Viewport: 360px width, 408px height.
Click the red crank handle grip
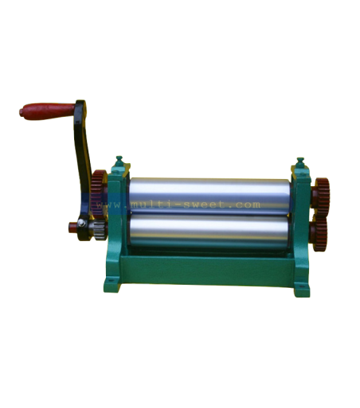(x=47, y=111)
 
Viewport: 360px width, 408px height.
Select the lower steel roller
(x=209, y=230)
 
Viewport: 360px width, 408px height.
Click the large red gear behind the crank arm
(x=98, y=194)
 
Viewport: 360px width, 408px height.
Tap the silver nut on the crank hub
(x=82, y=223)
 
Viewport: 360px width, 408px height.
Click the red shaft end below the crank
(x=72, y=227)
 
